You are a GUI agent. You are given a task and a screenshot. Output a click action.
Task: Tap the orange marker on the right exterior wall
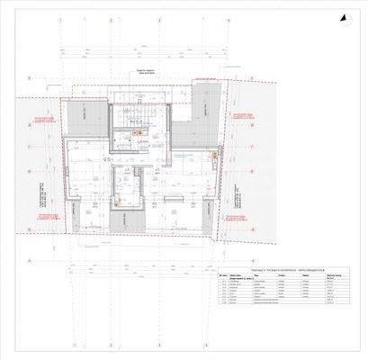click(x=213, y=154)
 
